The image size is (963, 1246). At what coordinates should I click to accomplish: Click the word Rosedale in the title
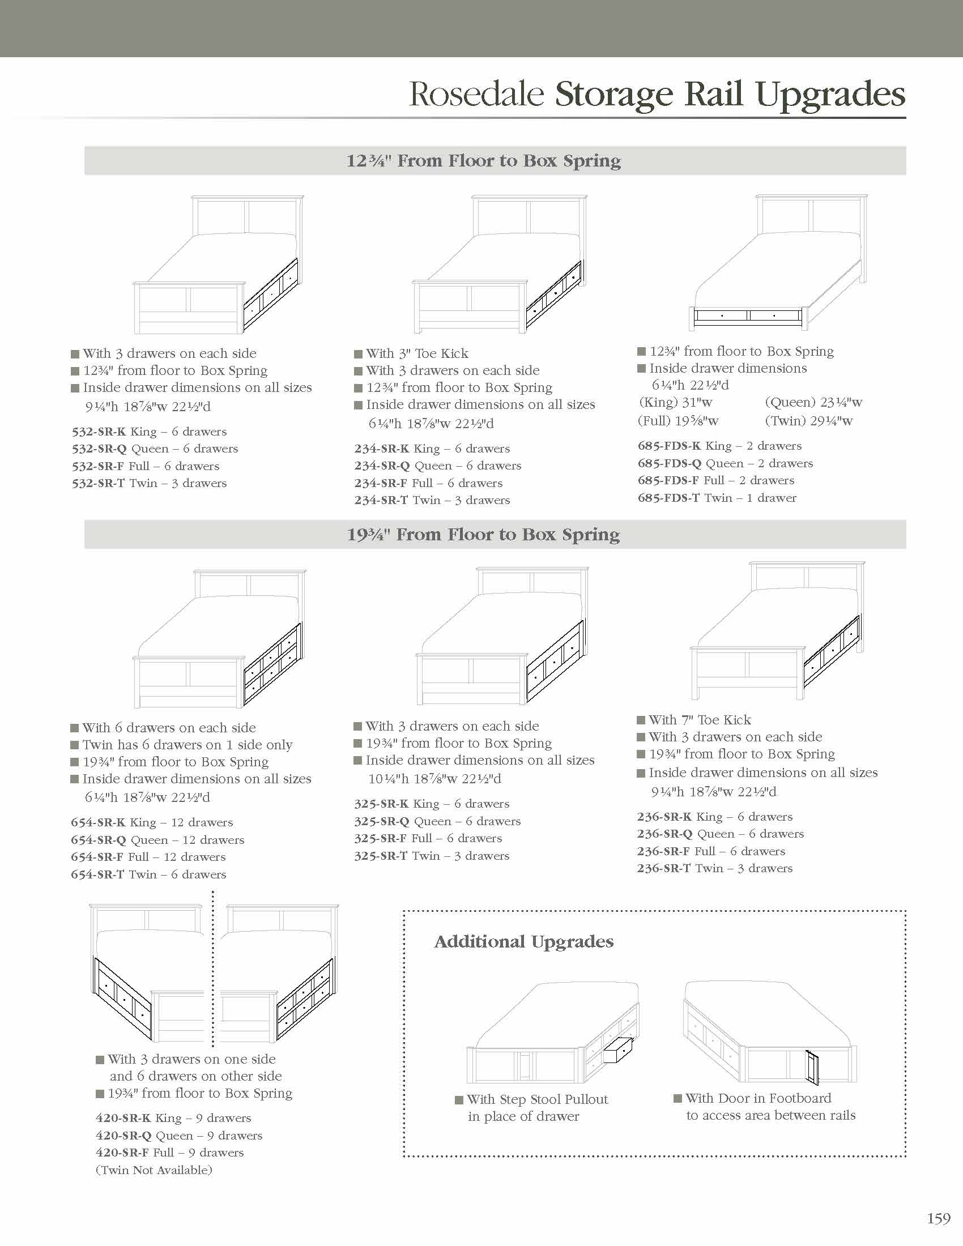(476, 94)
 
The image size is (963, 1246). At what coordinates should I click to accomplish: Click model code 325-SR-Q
(381, 822)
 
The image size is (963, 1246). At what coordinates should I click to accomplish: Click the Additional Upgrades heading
(524, 942)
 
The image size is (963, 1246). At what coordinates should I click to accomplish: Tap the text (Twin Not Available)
(154, 1170)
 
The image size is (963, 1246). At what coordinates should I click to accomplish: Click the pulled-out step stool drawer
(618, 1049)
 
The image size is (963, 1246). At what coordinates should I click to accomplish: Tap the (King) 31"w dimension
(675, 403)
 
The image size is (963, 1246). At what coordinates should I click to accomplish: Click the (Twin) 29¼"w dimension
(808, 421)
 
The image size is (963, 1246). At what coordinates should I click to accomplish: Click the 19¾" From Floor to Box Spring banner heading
(483, 535)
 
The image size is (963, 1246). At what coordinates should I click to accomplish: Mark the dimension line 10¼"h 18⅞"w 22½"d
(428, 779)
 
